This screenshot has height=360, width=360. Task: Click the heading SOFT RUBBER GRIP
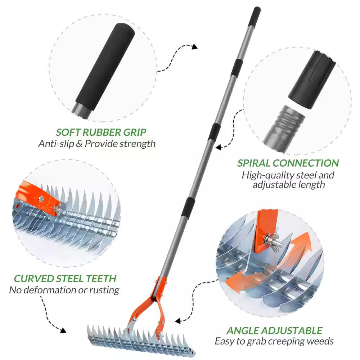pos(101,132)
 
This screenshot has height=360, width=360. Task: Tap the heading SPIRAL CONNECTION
pos(288,163)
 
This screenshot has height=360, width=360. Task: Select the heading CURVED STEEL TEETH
pos(65,278)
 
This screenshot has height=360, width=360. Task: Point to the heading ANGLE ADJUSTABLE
pos(274,330)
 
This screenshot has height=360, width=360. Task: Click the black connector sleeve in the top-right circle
pos(311,77)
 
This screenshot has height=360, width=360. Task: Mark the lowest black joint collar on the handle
pos(188,207)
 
